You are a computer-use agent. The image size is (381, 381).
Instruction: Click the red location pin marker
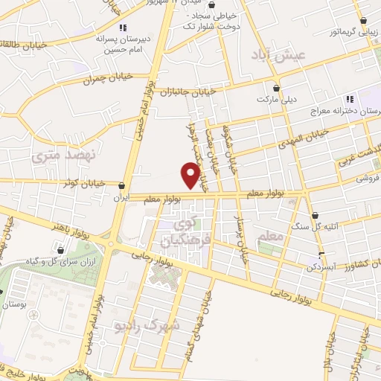click(x=191, y=176)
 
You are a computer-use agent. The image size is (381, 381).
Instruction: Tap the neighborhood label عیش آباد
click(x=289, y=56)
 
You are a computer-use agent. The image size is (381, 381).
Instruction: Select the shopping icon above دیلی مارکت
click(x=277, y=86)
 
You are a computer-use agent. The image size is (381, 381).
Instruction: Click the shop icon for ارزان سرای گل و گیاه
click(x=60, y=250)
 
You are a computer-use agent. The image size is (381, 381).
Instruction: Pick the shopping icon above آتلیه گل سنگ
click(x=316, y=215)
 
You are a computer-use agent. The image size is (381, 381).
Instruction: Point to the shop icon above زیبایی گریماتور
click(x=363, y=22)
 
